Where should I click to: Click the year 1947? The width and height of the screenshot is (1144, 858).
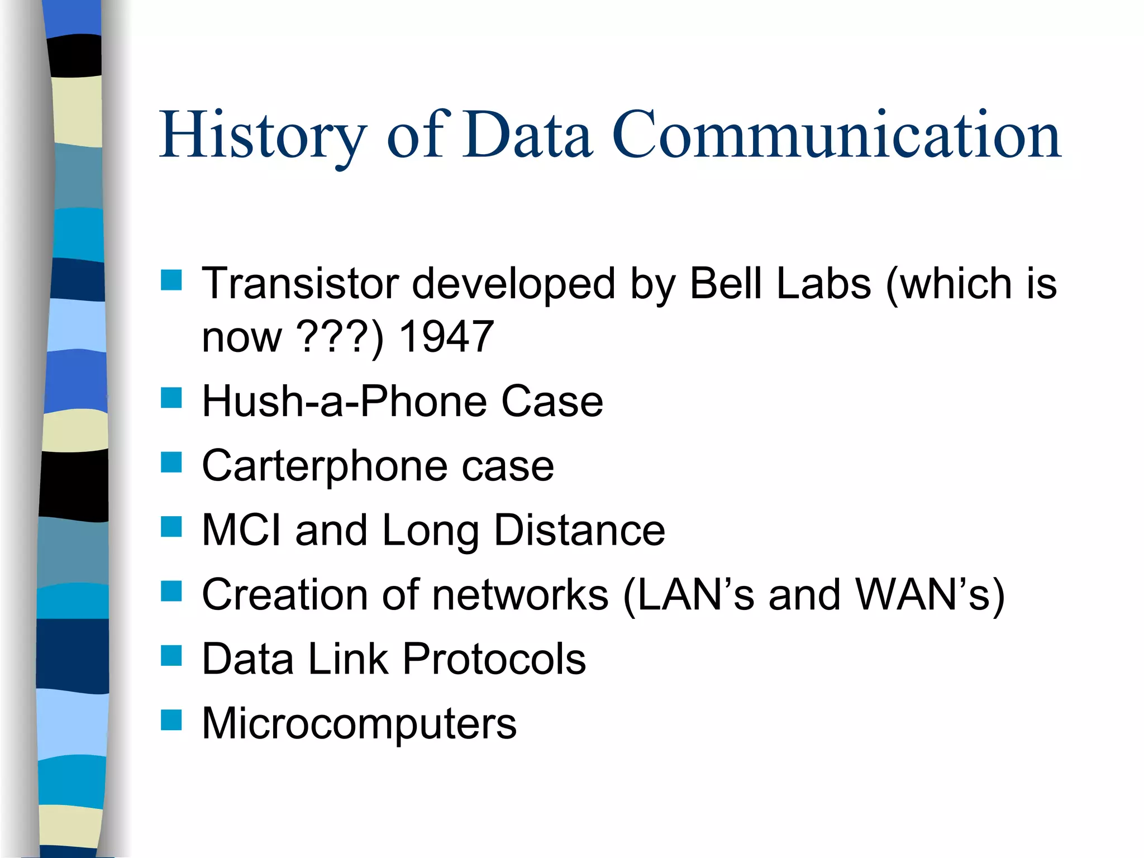point(446,337)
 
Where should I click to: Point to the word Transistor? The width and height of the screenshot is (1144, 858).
point(301,284)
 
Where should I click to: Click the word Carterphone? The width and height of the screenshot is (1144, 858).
point(325,466)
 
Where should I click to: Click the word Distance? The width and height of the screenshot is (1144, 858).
point(579,530)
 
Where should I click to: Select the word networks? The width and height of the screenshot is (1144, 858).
point(520,594)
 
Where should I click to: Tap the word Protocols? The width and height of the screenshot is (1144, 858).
point(494,659)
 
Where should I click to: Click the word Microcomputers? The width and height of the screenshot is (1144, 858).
point(359,723)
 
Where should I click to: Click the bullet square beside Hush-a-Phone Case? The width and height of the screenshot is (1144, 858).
point(171,398)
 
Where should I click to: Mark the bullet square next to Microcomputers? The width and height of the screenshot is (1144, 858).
point(171,720)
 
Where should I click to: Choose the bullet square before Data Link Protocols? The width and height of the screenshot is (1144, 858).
point(171,656)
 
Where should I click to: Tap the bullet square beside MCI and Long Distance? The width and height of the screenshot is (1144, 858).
point(171,527)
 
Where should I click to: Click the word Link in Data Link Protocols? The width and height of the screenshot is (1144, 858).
point(348,659)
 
